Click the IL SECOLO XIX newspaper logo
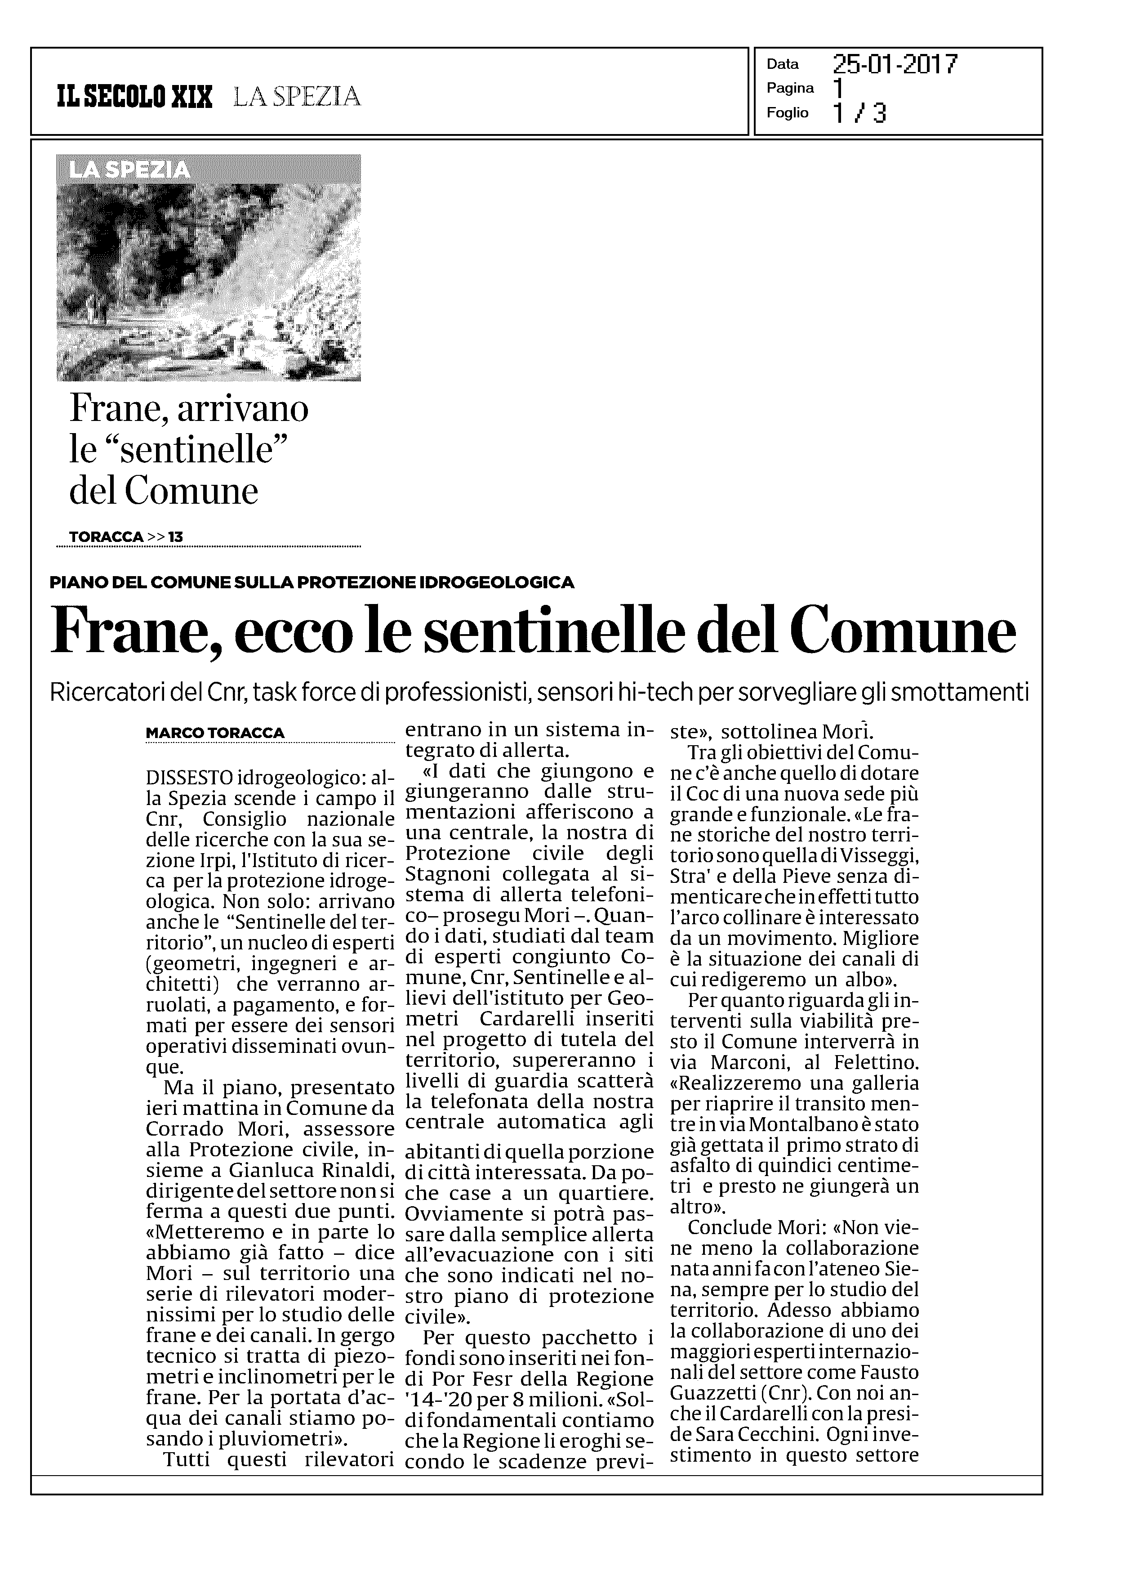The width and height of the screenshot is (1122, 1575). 135,97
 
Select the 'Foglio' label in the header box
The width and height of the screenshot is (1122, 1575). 787,112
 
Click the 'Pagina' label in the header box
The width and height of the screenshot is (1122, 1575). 790,89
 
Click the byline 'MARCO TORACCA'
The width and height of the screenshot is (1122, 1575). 215,733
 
